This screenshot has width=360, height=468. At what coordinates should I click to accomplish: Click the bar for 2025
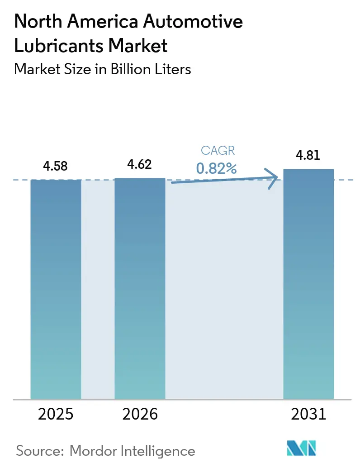[x=56, y=290]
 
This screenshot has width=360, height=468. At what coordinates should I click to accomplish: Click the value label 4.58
[x=56, y=166]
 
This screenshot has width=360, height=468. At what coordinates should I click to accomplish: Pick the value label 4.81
[x=308, y=156]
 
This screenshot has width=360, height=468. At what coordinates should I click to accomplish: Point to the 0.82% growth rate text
[x=217, y=168]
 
